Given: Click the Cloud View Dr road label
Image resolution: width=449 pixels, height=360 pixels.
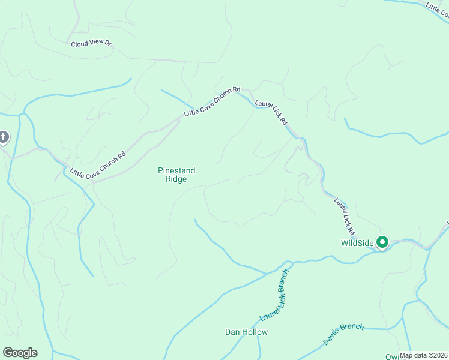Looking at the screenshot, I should click(91, 44).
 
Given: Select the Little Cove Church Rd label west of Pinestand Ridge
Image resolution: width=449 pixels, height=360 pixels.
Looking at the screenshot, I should click(97, 164).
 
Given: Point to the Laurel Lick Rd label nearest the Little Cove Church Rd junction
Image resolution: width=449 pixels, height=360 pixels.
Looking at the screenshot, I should click(271, 112).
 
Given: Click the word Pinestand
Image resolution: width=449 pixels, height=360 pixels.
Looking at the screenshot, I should click(176, 171).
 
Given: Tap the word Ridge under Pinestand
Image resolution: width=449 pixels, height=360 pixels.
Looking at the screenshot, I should click(176, 179).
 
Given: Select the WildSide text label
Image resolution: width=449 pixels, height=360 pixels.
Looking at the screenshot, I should click(357, 243).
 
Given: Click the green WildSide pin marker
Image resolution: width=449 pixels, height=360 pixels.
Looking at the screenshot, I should click(382, 242).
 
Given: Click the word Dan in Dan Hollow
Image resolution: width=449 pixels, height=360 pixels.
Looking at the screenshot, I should click(232, 332).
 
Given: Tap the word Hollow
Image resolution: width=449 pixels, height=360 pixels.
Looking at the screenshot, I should click(255, 332).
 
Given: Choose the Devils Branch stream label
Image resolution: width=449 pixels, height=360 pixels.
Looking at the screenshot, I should click(343, 334).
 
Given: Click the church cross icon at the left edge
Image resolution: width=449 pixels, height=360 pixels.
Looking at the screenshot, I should click(3, 138).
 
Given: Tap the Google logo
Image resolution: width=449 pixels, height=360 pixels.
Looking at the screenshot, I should click(20, 353).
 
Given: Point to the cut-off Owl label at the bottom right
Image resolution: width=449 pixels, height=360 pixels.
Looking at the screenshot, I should click(393, 356).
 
